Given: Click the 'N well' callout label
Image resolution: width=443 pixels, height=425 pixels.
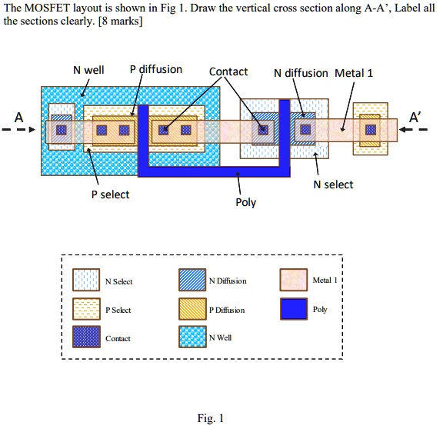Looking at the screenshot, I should pyautogui.click(x=88, y=71).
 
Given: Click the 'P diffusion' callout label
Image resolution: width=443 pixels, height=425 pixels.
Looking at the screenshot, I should pyautogui.click(x=155, y=69).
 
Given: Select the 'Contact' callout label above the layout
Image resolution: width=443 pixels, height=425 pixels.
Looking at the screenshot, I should pyautogui.click(x=228, y=71).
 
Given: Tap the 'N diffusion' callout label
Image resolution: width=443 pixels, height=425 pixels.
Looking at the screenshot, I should pyautogui.click(x=301, y=74).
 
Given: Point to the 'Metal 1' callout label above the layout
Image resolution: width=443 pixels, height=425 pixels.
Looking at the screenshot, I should pyautogui.click(x=354, y=74).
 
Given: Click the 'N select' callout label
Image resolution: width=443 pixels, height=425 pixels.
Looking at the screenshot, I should pyautogui.click(x=333, y=184).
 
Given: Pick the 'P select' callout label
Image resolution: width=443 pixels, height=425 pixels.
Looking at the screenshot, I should pyautogui.click(x=110, y=194).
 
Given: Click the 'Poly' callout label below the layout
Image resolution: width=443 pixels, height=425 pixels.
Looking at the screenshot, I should pyautogui.click(x=245, y=203).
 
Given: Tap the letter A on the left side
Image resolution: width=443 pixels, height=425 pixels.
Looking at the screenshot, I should pyautogui.click(x=18, y=117).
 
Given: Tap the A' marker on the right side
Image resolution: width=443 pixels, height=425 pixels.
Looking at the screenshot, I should pyautogui.click(x=415, y=117).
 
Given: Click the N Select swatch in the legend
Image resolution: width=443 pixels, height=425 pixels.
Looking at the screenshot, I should pyautogui.click(x=85, y=281).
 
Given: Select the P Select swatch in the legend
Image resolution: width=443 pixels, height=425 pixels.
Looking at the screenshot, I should pyautogui.click(x=85, y=310).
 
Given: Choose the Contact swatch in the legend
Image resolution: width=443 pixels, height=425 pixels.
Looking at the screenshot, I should pyautogui.click(x=85, y=338).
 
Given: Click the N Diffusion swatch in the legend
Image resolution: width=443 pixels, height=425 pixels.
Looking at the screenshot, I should pyautogui.click(x=192, y=281).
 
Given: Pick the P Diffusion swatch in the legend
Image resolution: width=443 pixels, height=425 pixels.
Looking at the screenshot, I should pyautogui.click(x=192, y=310).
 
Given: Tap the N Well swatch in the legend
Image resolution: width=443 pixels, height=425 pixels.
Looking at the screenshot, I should pyautogui.click(x=192, y=338).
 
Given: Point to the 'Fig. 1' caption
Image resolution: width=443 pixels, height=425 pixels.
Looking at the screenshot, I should pyautogui.click(x=210, y=418).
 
